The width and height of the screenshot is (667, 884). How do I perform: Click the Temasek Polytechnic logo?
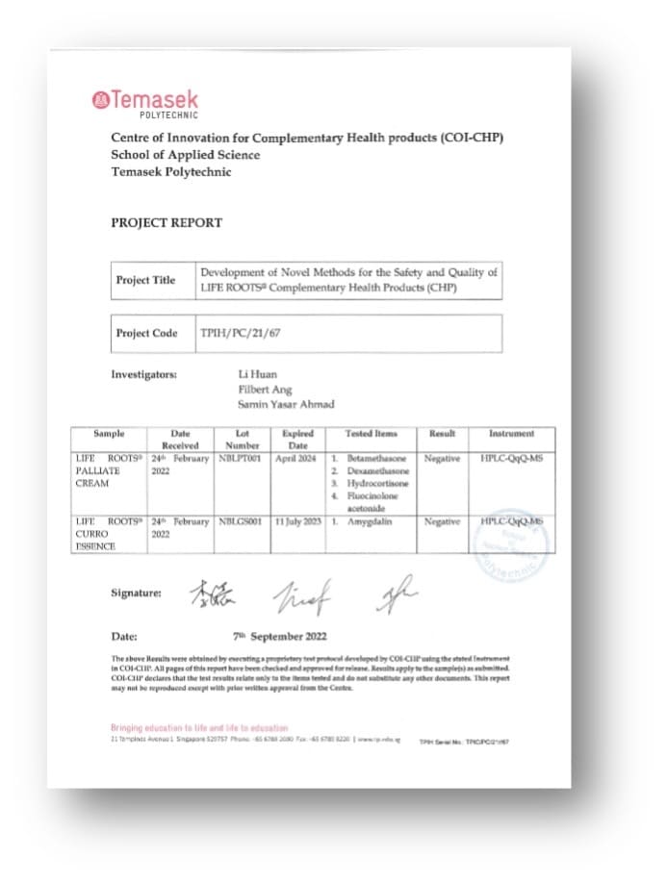(x=144, y=102)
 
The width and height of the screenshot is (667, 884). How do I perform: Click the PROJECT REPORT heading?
(x=167, y=222)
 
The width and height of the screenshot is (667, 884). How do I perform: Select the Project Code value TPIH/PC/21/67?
(x=233, y=333)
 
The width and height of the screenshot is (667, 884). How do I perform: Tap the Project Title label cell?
(x=145, y=280)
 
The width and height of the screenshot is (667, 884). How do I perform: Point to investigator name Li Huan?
(x=256, y=371)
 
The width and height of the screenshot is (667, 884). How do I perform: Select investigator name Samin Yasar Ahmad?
(x=286, y=404)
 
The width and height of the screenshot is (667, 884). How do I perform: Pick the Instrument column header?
(x=511, y=434)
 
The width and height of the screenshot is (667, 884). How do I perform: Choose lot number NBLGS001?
(x=241, y=521)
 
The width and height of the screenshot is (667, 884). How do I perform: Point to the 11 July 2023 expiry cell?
(x=297, y=521)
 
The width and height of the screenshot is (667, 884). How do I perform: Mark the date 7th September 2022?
(x=280, y=636)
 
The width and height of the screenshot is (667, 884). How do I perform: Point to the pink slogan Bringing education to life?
(x=199, y=728)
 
